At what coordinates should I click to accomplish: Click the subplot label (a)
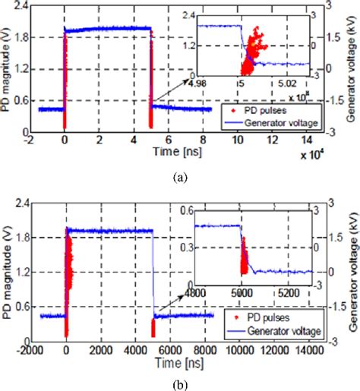[180, 176]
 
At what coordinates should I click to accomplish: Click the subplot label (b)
[180, 384]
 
